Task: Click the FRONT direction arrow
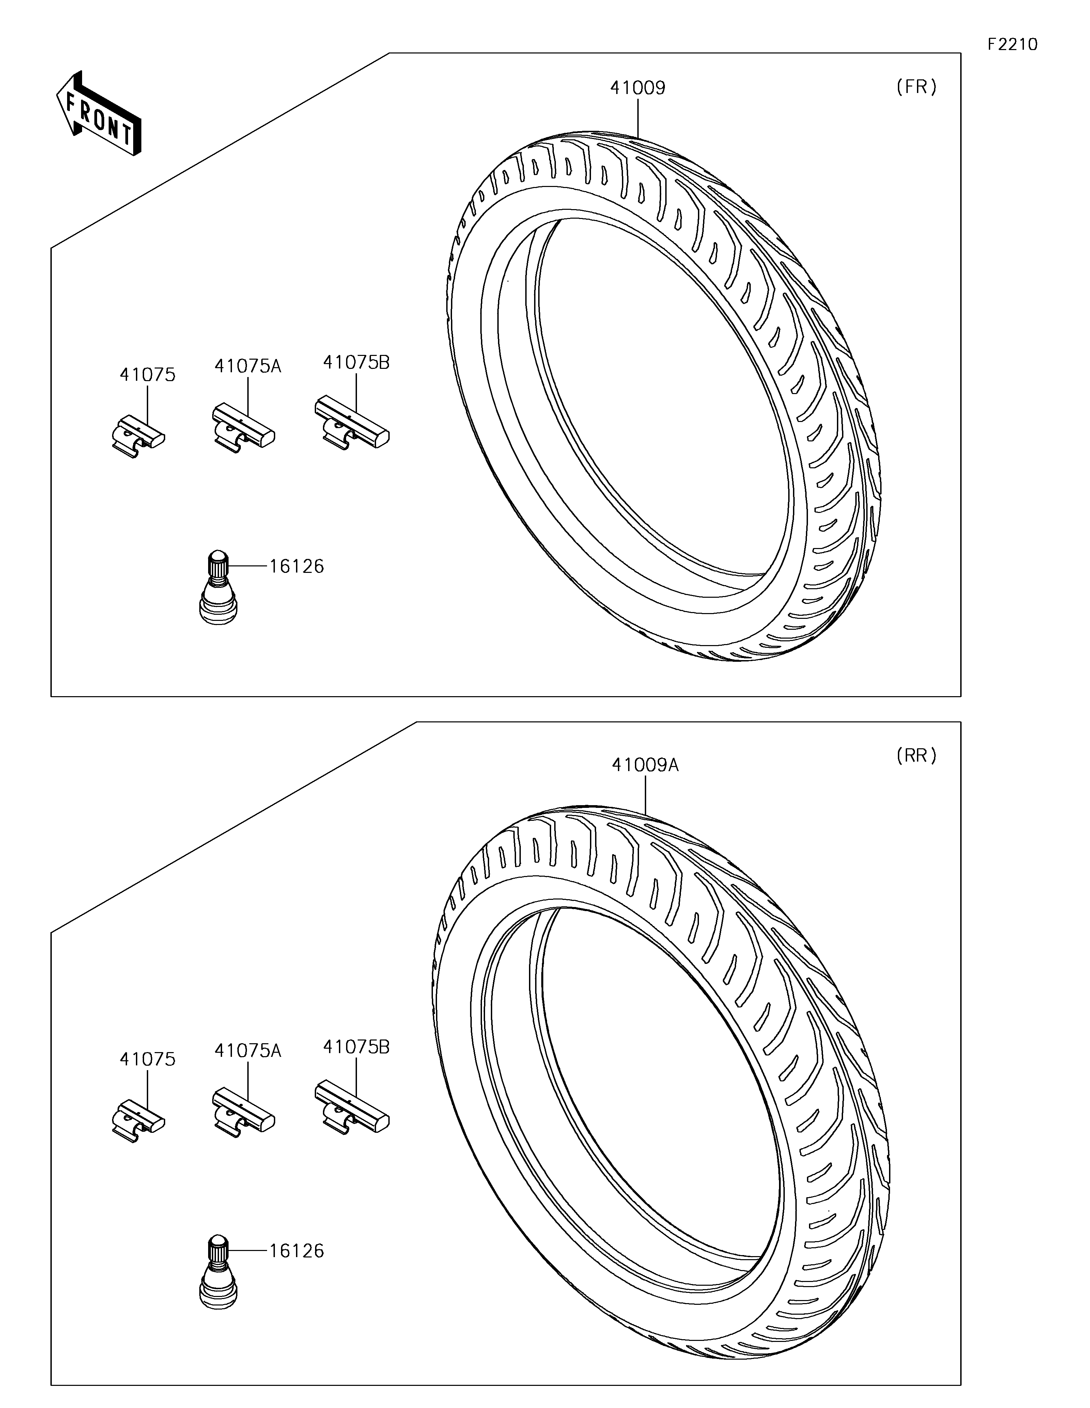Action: point(99,113)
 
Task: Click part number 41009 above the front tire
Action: point(638,88)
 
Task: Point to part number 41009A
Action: point(645,765)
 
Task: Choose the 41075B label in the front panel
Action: point(356,362)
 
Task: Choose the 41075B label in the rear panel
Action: point(356,1047)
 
